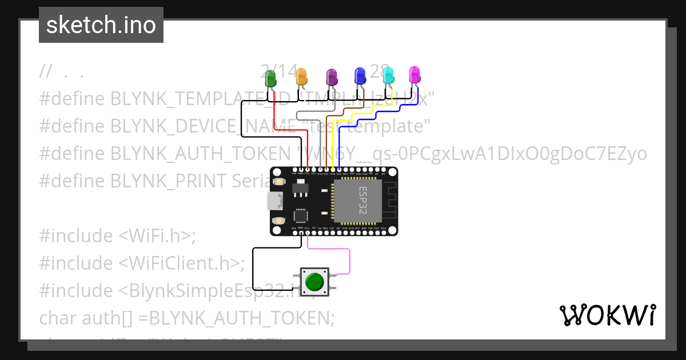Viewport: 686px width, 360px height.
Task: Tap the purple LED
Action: tap(331, 77)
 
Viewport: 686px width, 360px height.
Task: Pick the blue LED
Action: tap(360, 75)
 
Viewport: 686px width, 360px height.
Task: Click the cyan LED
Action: tap(388, 75)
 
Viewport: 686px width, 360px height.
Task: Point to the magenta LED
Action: tap(414, 74)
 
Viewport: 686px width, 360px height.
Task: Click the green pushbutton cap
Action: tap(314, 281)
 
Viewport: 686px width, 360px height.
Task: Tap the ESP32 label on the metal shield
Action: tap(362, 200)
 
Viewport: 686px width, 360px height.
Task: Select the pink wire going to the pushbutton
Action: tap(349, 260)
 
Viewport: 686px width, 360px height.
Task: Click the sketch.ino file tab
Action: tap(101, 25)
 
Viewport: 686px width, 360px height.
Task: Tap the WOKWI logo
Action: tap(608, 315)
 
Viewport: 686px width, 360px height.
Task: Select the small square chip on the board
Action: tap(301, 216)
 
